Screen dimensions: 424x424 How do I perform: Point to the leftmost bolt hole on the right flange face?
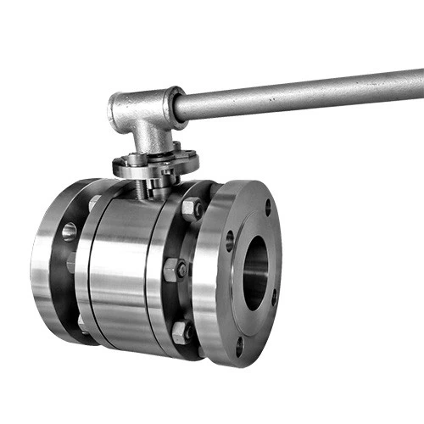tap(229, 241)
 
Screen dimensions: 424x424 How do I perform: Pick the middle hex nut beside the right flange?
tap(174, 270)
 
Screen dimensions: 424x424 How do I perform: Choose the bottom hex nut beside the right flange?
tap(181, 332)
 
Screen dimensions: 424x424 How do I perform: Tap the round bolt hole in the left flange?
tap(69, 231)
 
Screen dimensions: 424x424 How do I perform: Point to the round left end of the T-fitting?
tap(118, 109)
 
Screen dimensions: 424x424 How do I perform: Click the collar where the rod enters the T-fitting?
tap(177, 103)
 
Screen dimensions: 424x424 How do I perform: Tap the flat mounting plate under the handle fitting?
tap(157, 163)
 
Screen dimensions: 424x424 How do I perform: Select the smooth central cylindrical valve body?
tap(127, 263)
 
